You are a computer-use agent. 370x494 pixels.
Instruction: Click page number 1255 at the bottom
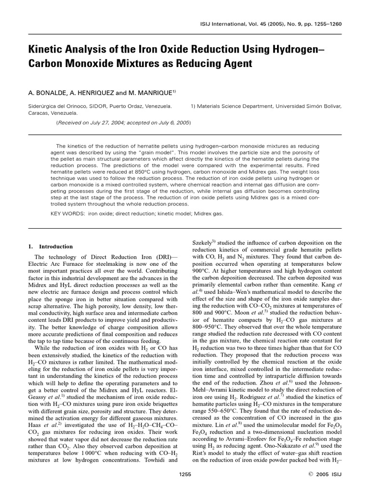[185, 475]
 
